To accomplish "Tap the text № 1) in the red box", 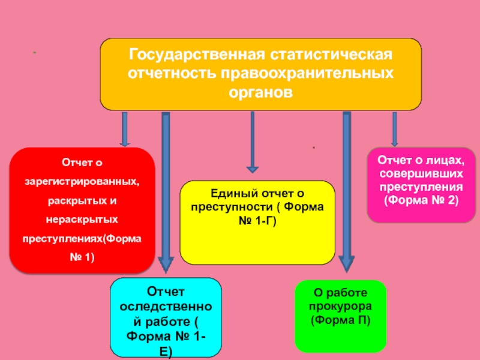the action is tap(82, 257).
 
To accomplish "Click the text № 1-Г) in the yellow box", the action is tap(257, 221).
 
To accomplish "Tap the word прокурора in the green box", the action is tap(340, 307).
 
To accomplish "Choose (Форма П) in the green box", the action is tap(340, 320).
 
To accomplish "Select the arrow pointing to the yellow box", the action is tap(252, 141).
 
